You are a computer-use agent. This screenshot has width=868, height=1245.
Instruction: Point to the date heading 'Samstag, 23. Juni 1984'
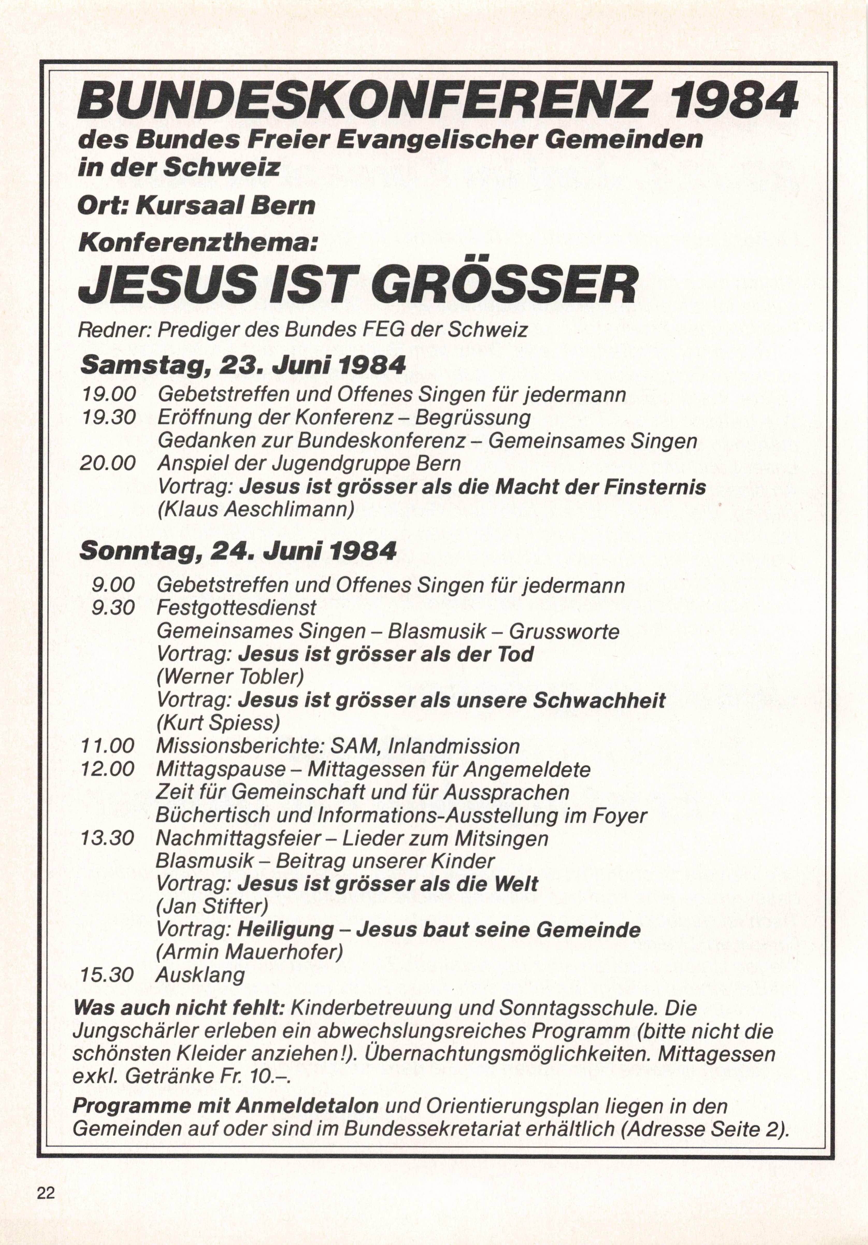tap(243, 366)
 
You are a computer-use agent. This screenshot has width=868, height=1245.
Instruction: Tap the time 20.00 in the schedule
tap(108, 464)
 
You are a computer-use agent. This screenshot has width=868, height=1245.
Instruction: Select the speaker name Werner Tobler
tap(230, 677)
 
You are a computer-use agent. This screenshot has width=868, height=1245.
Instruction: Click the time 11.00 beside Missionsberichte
tap(107, 746)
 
